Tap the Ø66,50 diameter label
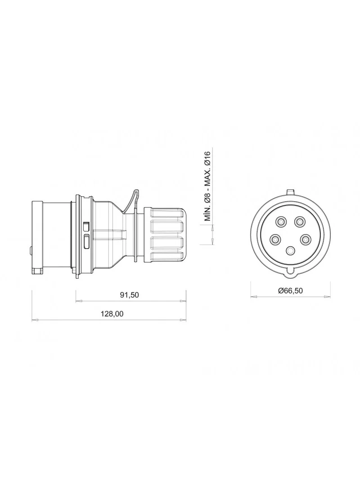pos(290,290)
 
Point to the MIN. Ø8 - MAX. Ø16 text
pos(208,186)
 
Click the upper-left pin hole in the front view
pos(280,222)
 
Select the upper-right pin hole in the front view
pos(299,222)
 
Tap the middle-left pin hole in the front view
pos(274,239)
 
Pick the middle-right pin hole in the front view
pos(305,239)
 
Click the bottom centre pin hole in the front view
pos(290,251)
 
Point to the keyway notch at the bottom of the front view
pos(290,274)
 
